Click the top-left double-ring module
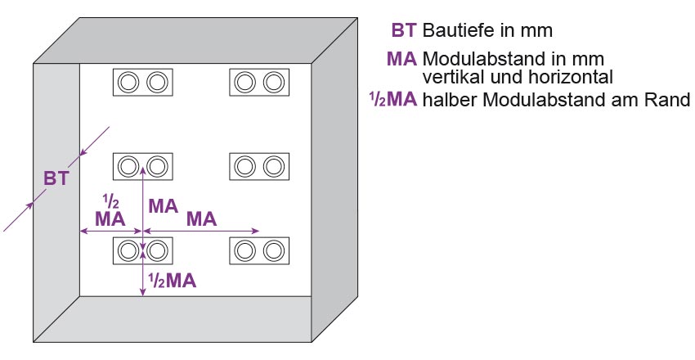click(x=142, y=82)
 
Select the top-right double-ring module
click(x=258, y=82)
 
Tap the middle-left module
click(x=142, y=166)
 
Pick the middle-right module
click(x=258, y=166)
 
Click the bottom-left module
click(x=142, y=250)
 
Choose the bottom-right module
click(x=258, y=250)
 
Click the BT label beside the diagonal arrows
click(x=56, y=179)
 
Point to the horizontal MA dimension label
click(x=201, y=218)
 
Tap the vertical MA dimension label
click(x=163, y=206)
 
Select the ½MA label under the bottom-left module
click(x=172, y=281)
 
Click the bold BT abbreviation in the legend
click(x=404, y=31)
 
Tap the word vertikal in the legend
click(x=451, y=78)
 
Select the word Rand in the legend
click(x=671, y=101)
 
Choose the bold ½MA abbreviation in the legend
click(x=393, y=100)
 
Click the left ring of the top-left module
click(x=128, y=82)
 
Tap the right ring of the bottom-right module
click(x=272, y=250)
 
